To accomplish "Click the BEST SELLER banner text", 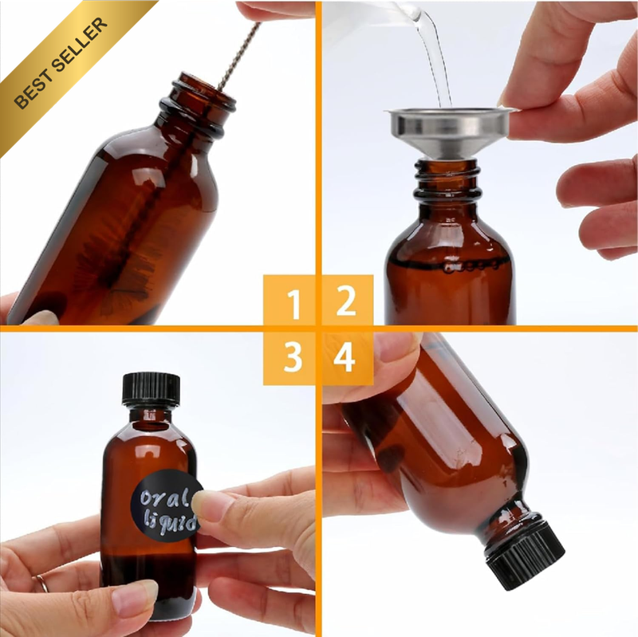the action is click(61, 63).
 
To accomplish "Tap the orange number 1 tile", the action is click(289, 301).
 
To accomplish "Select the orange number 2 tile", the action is click(348, 301).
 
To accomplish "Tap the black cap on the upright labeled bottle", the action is click(151, 390).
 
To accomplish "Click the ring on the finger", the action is click(41, 583).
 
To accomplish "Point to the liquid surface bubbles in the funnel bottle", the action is click(472, 267).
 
